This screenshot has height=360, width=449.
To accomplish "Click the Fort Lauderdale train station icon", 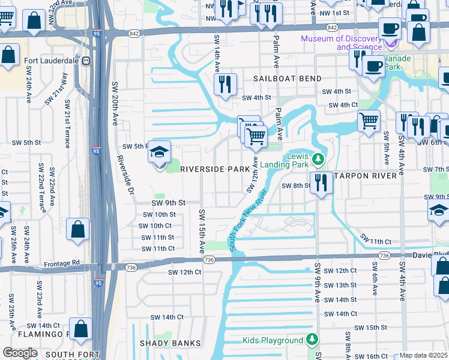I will coord(86,61).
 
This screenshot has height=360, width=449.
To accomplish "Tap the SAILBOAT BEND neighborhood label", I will coord(287,79).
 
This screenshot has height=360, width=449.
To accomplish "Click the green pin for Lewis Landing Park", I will coord(320,160).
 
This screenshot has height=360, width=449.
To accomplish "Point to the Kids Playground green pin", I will coord(312,340).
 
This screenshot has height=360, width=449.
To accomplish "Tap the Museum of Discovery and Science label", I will coord(342,43).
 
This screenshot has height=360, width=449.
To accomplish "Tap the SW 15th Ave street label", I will coord(201,230).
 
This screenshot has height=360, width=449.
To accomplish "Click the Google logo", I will coord(20,353).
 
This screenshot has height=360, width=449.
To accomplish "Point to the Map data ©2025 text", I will coord(423,355).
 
